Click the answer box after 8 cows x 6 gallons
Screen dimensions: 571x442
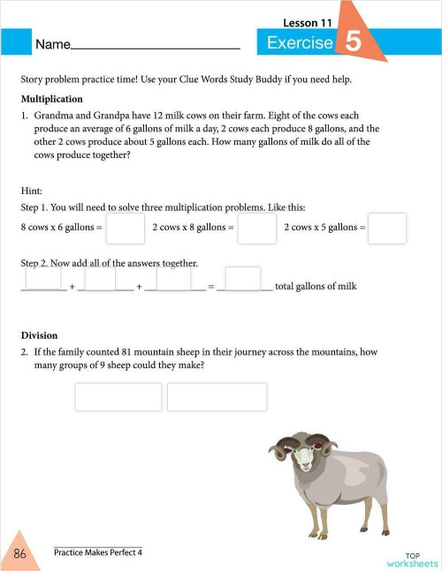tap(126, 228)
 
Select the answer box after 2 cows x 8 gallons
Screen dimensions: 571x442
tap(257, 228)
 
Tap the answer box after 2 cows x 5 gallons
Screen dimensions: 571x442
tap(387, 228)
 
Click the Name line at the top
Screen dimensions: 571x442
tap(156, 43)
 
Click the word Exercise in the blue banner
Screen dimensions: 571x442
tap(300, 42)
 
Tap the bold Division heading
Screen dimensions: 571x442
tap(39, 335)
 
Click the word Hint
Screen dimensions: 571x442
tap(31, 190)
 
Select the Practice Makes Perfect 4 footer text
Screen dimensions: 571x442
tap(97, 552)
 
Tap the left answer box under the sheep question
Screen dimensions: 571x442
tap(118, 396)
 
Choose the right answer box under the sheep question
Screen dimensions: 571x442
tap(217, 396)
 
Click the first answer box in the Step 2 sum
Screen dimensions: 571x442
tap(43, 278)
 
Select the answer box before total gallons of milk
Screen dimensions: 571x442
tap(242, 278)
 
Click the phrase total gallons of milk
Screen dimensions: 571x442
tap(316, 287)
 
